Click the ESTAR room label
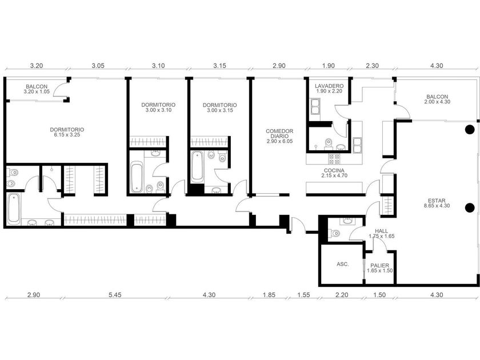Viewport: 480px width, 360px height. (437, 201)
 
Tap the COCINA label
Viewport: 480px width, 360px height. (334, 170)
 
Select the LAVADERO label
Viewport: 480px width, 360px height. (329, 86)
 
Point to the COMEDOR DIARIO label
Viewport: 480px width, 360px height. (279, 134)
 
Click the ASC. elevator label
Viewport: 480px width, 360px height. (342, 264)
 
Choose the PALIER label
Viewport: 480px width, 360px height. (379, 265)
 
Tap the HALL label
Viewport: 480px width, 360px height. (382, 231)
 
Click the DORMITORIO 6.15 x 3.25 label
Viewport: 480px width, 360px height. (67, 132)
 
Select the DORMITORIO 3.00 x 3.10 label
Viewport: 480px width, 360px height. (158, 107)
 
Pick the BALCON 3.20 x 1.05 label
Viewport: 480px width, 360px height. (37, 89)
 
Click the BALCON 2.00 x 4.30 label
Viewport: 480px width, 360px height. (437, 99)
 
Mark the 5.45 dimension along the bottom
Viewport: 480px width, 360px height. (115, 295)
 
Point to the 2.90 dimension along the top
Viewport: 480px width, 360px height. (279, 66)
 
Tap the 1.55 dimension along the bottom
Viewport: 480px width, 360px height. (303, 295)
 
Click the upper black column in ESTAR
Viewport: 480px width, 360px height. (470, 130)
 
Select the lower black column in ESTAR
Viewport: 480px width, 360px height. (470, 208)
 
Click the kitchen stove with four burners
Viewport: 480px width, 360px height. (334, 158)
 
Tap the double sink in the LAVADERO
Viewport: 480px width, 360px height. (315, 106)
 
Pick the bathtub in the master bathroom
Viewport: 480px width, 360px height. (14, 208)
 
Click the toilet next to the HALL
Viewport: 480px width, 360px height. (334, 233)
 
